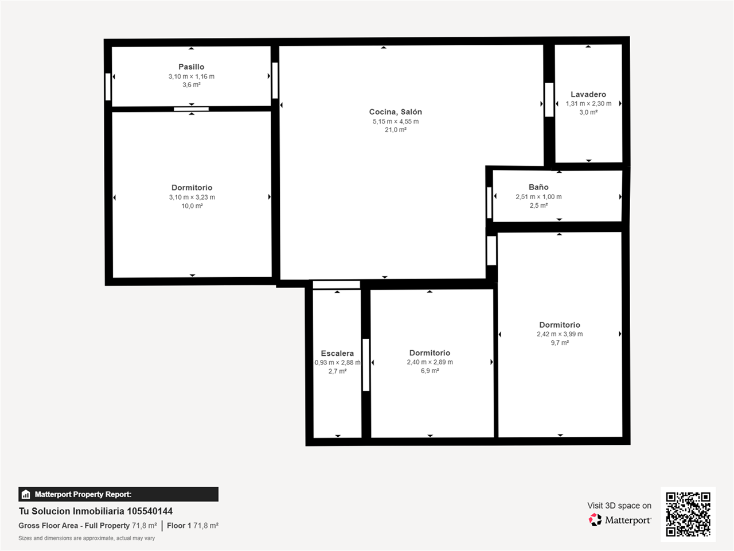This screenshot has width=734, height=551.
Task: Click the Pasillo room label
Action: click(191, 67)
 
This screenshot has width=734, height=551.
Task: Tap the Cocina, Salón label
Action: click(395, 112)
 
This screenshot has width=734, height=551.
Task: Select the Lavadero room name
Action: click(588, 94)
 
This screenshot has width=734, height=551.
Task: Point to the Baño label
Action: click(538, 187)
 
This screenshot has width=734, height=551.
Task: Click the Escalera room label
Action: click(337, 354)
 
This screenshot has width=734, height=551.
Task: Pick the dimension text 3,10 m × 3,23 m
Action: click(192, 197)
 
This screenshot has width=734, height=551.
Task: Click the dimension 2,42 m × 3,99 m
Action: click(560, 334)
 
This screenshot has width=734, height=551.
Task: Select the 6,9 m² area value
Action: click(430, 371)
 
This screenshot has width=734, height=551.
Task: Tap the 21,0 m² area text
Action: click(395, 130)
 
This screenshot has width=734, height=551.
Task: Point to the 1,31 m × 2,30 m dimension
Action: click(588, 104)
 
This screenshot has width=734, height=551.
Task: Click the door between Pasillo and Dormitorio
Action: click(192, 109)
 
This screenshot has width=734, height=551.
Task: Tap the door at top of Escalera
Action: click(337, 285)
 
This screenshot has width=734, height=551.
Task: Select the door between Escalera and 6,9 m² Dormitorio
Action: click(366, 365)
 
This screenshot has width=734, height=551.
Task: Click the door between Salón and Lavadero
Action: click(549, 100)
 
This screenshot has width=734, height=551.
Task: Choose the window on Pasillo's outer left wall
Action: click(108, 87)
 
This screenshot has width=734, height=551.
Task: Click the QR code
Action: click(688, 514)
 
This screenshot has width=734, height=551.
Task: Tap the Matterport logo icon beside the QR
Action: click(595, 520)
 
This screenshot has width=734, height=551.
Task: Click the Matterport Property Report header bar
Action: click(118, 494)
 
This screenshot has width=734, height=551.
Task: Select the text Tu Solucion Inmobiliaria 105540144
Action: click(96, 511)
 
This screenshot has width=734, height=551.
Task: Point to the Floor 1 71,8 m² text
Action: click(193, 526)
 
